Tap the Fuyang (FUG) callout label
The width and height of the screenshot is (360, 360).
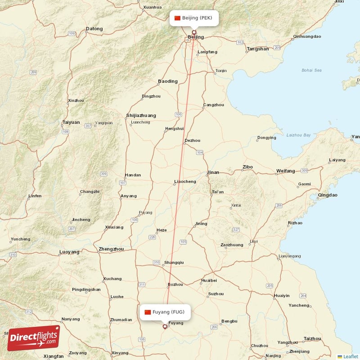[x=165, y=312]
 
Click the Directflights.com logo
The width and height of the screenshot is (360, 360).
[x=33, y=338]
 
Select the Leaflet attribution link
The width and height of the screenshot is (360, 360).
[x=350, y=356]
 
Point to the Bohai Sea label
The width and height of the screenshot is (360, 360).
[x=312, y=70]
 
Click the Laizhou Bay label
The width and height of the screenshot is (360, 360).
[x=298, y=135]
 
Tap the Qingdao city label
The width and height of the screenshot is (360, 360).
[x=327, y=195]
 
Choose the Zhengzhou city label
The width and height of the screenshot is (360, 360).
[x=111, y=249]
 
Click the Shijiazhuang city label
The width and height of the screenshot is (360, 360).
[x=141, y=115]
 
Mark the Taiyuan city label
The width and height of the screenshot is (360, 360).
[x=71, y=122]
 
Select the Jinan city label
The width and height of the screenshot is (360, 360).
[x=213, y=172]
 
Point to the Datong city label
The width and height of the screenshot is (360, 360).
[x=94, y=29]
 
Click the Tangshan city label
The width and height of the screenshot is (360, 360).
[x=258, y=49]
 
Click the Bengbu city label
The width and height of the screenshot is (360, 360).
[x=229, y=321]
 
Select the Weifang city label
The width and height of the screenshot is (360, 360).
[x=285, y=171]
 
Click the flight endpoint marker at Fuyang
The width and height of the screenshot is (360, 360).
[x=165, y=327]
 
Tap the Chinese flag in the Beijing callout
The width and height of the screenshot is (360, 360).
[x=177, y=18]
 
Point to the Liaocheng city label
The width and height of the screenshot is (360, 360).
[x=185, y=182]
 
